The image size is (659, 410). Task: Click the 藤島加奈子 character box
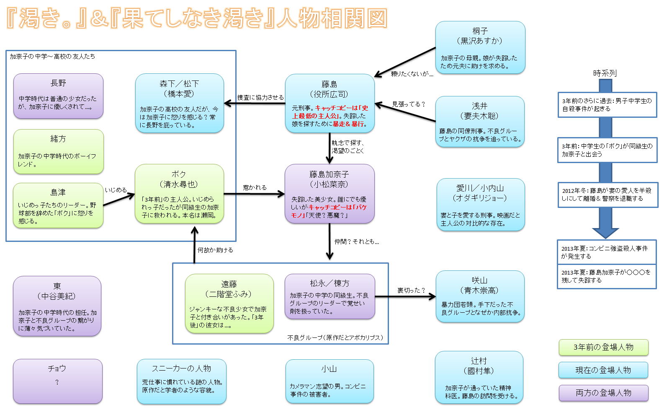[329, 194]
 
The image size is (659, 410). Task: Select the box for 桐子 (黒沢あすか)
[480, 47]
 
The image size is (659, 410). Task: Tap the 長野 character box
[58, 96]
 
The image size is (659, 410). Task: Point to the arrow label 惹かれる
[255, 187]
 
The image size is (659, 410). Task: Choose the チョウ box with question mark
[57, 381]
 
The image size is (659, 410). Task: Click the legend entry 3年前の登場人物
[603, 347]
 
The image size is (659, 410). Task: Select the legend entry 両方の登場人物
[603, 393]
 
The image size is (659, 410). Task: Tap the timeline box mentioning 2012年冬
[607, 195]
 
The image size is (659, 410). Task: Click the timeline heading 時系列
[605, 73]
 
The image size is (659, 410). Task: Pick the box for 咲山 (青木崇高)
[480, 296]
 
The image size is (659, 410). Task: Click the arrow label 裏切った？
[411, 290]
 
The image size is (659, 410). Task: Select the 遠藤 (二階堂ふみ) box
[229, 304]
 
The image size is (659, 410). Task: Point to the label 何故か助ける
[215, 250]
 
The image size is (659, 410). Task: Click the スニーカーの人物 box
[181, 381]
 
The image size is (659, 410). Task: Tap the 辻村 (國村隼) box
[479, 377]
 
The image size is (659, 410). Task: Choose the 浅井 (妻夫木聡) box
[480, 122]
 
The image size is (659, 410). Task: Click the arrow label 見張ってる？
[408, 104]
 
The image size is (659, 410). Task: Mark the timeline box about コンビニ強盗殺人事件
[606, 252]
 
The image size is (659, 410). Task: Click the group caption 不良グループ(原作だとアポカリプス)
[335, 337]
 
